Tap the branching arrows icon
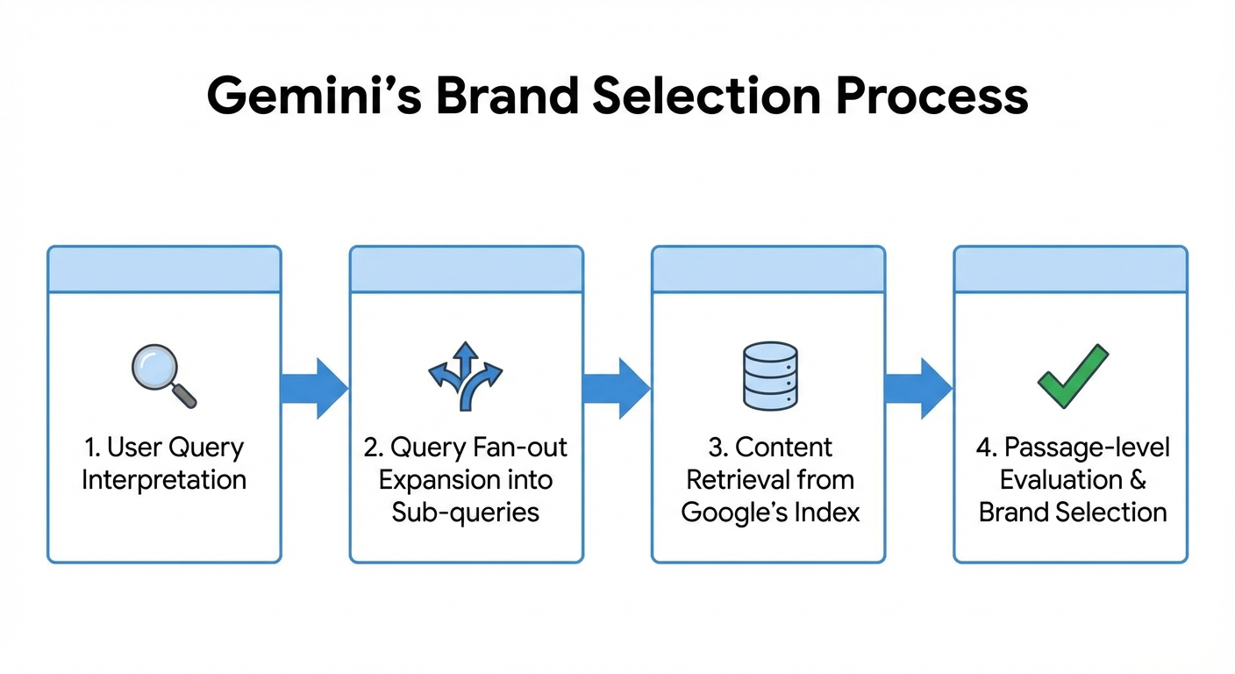pyautogui.click(x=465, y=376)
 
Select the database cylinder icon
pyautogui.click(x=769, y=376)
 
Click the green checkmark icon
pyautogui.click(x=1072, y=376)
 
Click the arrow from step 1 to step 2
pyautogui.click(x=314, y=388)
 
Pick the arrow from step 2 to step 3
pyautogui.click(x=616, y=388)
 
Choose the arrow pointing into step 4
pyautogui.click(x=917, y=388)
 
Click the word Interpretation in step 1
pyautogui.click(x=164, y=480)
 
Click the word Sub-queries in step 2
pyautogui.click(x=466, y=513)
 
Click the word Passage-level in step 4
pyautogui.click(x=1087, y=448)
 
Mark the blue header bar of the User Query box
pyautogui.click(x=164, y=269)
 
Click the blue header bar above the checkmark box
pyautogui.click(x=1070, y=269)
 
